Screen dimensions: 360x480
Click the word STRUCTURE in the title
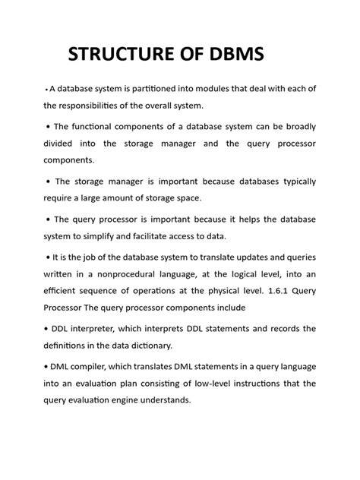pyautogui.click(x=122, y=55)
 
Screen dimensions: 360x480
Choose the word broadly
pyautogui.click(x=297, y=126)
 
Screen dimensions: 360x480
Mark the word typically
pyautogui.click(x=293, y=182)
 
